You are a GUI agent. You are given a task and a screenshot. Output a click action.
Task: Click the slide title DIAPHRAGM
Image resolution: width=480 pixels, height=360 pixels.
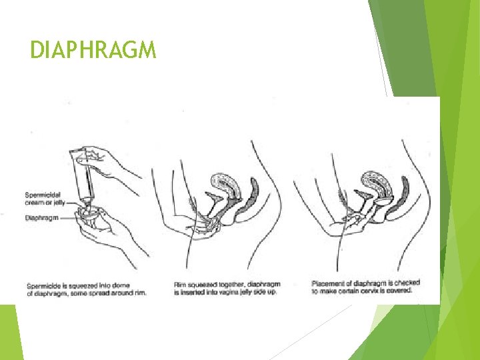click(x=93, y=49)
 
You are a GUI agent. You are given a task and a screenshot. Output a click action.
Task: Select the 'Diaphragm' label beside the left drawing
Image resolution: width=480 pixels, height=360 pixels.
click(x=41, y=217)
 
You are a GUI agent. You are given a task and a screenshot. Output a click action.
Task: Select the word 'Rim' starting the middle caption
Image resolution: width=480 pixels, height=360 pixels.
click(x=179, y=285)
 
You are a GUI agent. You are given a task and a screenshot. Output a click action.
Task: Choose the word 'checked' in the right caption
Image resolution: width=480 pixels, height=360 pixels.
click(x=405, y=283)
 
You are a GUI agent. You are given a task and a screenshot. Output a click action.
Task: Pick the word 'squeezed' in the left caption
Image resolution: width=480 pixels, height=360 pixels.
click(x=85, y=285)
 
